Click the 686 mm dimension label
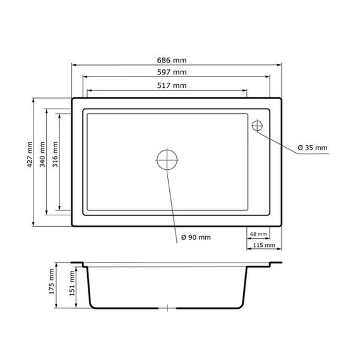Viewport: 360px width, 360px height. [x=172, y=61]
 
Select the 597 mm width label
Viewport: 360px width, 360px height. [x=172, y=73]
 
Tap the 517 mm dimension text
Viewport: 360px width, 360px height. [x=172, y=86]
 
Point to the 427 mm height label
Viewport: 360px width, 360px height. [x=30, y=155]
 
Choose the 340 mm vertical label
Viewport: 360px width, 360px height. [x=42, y=155]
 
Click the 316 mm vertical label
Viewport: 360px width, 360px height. [x=56, y=155]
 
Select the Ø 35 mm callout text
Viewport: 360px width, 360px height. [x=313, y=148]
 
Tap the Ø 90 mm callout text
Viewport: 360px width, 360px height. [x=196, y=237]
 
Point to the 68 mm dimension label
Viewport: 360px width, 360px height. [x=258, y=234]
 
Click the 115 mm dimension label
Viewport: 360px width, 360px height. [x=264, y=245]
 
